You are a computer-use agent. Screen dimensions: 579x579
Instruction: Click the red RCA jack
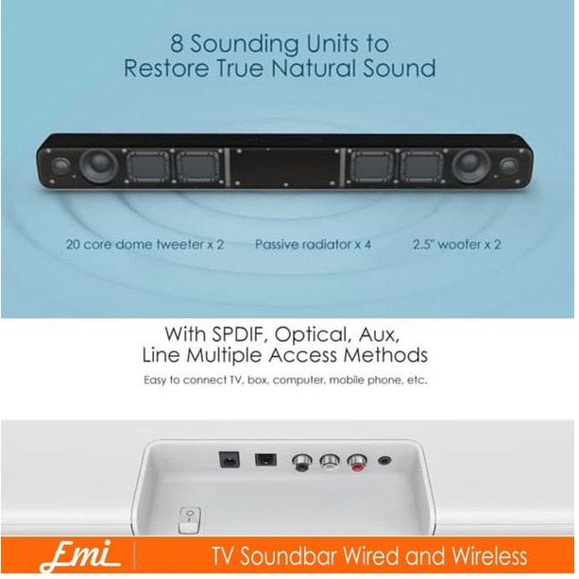pos(356,463)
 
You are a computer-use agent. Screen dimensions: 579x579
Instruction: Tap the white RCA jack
pos(330,463)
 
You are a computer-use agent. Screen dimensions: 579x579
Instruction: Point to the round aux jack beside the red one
pos(384,463)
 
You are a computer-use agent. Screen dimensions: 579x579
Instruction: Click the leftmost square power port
pos(228,462)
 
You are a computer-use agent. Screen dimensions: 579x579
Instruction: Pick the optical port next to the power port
pos(264,462)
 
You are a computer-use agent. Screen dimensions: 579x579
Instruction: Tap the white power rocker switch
pos(188,517)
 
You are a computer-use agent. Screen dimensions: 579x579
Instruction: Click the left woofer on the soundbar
pos(97,167)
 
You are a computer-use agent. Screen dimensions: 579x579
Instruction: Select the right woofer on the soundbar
pos(469,167)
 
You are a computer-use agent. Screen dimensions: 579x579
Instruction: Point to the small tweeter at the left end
pos(60,167)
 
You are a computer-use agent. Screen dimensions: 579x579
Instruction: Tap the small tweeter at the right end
pos(508,167)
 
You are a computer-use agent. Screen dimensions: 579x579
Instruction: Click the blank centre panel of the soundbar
pos(284,167)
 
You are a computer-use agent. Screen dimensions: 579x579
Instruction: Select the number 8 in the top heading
pos(176,43)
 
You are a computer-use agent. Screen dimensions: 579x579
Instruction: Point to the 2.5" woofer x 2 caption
pos(457,244)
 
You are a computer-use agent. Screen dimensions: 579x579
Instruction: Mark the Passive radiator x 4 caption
pos(313,244)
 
